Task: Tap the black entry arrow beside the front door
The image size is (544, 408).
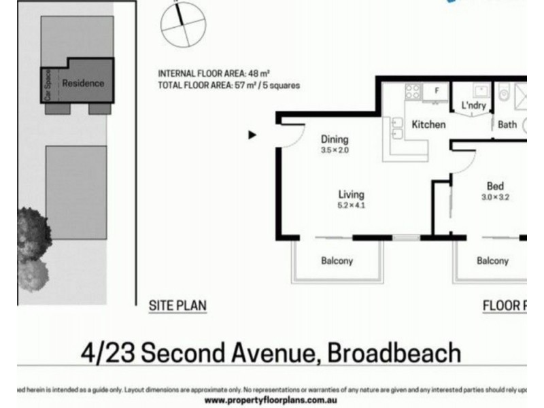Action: click(252, 135)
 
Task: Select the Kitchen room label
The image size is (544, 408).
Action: click(428, 124)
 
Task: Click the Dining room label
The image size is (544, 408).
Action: click(334, 139)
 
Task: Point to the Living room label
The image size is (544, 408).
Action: click(351, 194)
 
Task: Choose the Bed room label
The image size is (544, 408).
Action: click(494, 186)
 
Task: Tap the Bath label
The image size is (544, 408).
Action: click(507, 124)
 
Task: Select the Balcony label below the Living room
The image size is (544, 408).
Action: click(337, 260)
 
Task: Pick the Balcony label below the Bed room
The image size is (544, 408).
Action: click(492, 260)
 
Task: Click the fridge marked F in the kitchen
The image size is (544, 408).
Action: click(437, 90)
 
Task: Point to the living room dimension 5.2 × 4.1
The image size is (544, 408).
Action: click(351, 205)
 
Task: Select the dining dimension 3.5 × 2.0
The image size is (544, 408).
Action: click(334, 150)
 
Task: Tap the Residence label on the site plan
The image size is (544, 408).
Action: click(83, 83)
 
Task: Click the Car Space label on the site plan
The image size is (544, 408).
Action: click(48, 85)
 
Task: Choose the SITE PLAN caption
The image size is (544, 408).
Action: click(177, 306)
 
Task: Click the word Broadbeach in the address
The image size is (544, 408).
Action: click(394, 353)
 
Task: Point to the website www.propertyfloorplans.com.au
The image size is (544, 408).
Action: click(272, 401)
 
